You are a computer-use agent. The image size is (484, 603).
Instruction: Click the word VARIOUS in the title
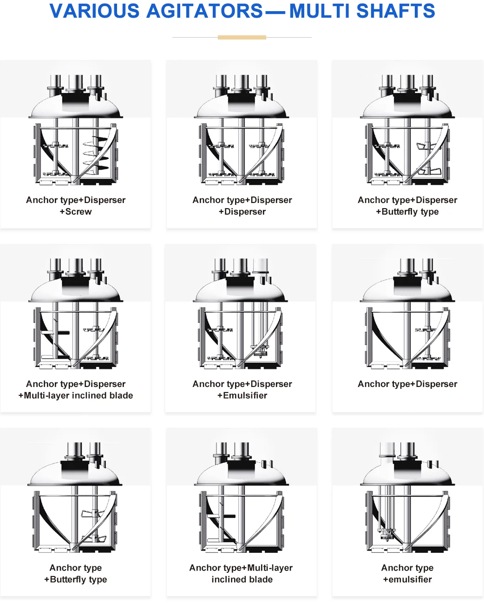(x=94, y=11)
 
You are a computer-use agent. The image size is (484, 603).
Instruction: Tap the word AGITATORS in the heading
(x=205, y=11)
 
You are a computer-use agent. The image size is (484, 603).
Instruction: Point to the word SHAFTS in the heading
(x=398, y=11)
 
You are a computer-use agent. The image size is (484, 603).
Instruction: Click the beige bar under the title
(x=242, y=37)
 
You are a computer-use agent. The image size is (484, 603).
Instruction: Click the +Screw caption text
(x=76, y=212)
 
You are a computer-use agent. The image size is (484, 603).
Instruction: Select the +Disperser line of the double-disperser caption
(x=242, y=212)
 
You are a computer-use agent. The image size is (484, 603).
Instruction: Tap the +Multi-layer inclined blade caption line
(x=76, y=396)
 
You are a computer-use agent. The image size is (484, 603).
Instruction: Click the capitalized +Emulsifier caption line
(x=242, y=396)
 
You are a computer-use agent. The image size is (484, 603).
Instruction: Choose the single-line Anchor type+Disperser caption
(x=407, y=384)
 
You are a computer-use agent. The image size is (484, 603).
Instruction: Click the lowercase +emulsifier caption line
(x=407, y=580)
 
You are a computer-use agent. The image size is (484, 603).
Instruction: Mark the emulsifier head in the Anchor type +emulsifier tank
(x=386, y=534)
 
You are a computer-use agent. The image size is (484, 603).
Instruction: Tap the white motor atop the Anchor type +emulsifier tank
(x=386, y=450)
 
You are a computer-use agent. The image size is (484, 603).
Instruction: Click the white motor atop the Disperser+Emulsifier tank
(x=261, y=266)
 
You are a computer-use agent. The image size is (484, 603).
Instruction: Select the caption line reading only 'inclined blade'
(x=242, y=580)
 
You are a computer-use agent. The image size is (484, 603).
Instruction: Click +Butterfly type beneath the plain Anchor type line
(x=76, y=580)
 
